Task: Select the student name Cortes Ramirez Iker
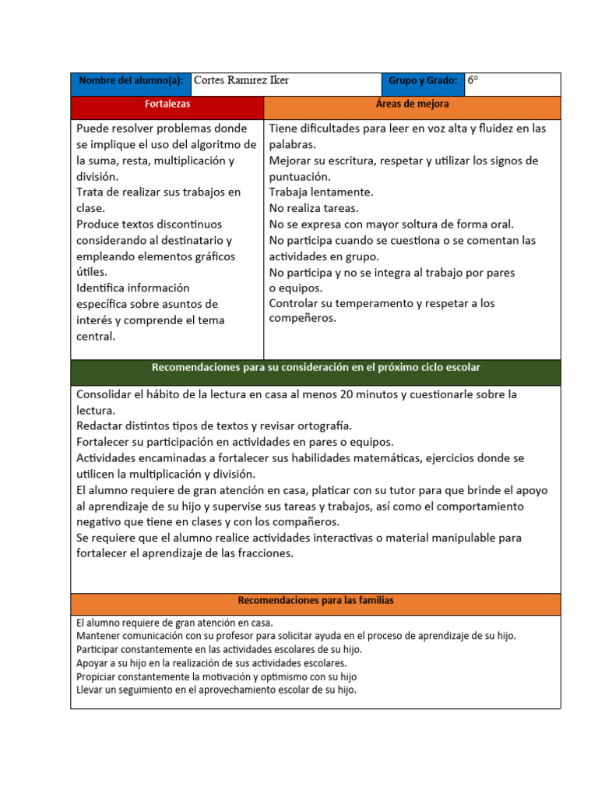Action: click(x=241, y=81)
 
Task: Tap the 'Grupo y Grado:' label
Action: click(x=422, y=81)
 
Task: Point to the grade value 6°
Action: click(x=473, y=81)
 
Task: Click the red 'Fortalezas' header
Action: click(x=167, y=104)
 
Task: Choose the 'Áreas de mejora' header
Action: click(x=412, y=104)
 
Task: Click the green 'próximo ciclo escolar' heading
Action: click(x=315, y=368)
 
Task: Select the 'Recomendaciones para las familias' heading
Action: click(x=315, y=601)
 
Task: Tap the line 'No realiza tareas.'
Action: click(x=314, y=208)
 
